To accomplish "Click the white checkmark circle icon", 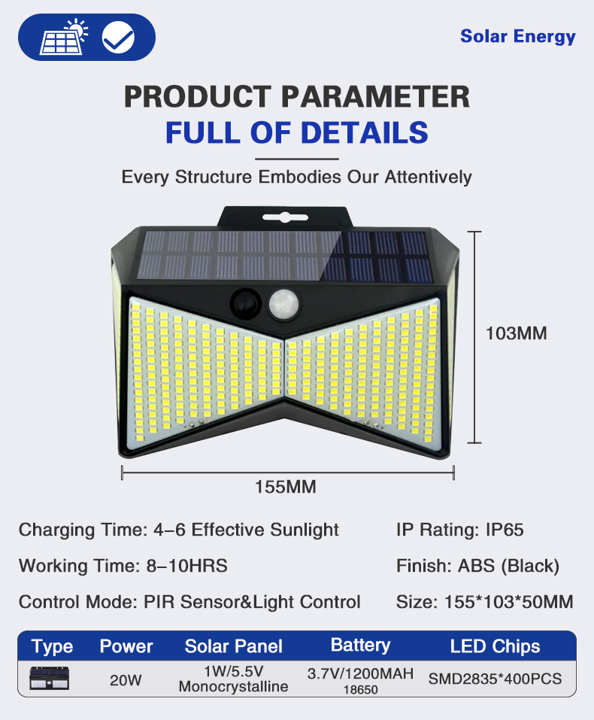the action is (118, 37).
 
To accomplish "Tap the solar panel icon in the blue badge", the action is (63, 37).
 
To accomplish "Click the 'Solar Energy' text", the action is (518, 36).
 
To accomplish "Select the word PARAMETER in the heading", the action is (375, 96).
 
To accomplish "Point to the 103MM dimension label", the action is (517, 333).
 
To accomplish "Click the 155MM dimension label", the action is (286, 487).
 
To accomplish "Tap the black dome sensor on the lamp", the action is (246, 303).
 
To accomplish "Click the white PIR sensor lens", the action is (284, 304).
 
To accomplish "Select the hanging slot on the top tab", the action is (285, 217).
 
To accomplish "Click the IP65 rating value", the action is (505, 530).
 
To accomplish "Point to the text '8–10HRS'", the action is (186, 566).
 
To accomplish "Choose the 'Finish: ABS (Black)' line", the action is (478, 566).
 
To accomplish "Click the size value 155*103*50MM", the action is (508, 602).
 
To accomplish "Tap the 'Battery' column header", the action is (360, 646).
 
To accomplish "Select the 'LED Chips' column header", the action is (495, 646).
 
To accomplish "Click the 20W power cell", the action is (126, 680).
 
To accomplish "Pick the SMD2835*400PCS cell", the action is (495, 679).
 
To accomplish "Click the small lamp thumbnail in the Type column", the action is (49, 678).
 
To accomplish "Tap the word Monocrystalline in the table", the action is (233, 686).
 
